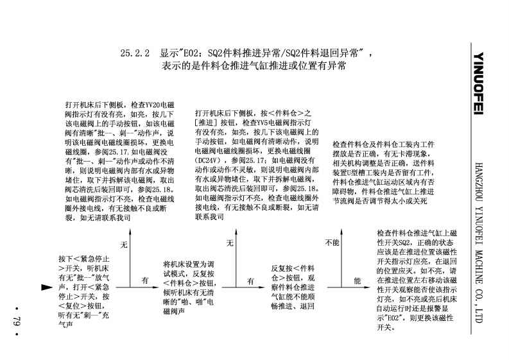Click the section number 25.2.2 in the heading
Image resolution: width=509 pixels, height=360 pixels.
pos(135,55)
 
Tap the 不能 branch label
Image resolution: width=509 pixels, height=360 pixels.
pos(332,243)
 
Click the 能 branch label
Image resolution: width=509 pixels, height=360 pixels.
pos(358,280)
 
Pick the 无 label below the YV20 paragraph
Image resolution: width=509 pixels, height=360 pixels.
pos(124,244)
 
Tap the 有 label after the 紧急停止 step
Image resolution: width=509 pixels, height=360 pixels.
pos(145,280)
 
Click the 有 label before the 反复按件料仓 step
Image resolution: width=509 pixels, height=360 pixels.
pos(250,280)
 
